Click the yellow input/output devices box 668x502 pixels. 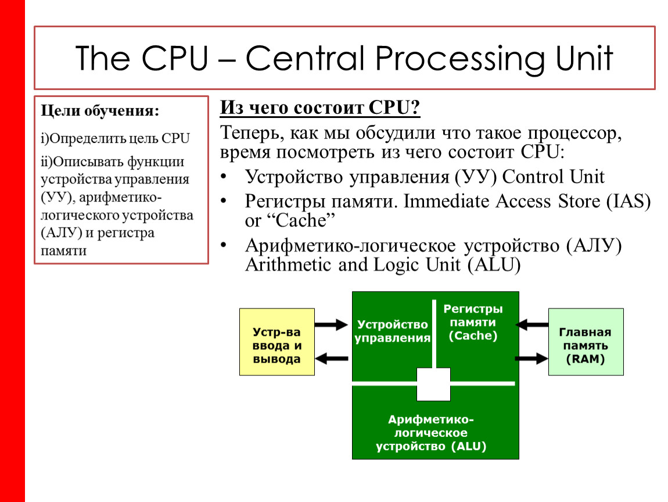pos(276,342)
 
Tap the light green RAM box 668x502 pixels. pos(586,342)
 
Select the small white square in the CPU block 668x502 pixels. pos(433,384)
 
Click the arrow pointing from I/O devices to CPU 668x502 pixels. pos(331,325)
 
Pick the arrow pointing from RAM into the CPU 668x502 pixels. pos(533,325)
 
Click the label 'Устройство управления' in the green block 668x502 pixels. pos(392,331)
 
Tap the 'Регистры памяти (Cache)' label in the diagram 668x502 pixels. pos(473,322)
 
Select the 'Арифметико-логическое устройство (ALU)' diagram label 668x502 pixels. pos(430,433)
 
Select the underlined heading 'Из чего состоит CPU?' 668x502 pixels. pos(320,108)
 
